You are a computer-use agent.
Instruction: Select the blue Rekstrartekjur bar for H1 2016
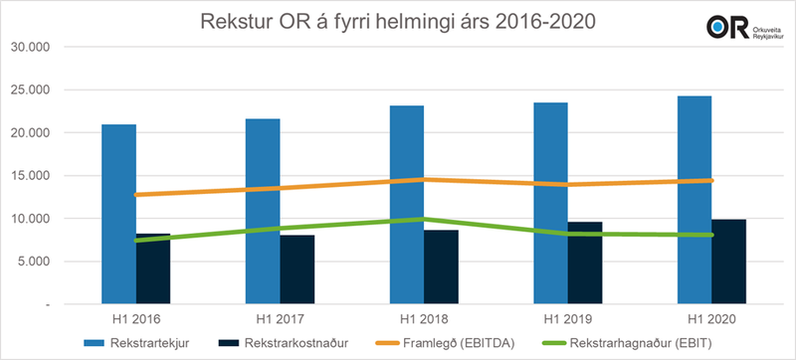(x=118, y=214)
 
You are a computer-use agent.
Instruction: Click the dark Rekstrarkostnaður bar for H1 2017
(x=298, y=270)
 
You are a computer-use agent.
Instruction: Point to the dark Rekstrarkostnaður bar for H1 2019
(x=585, y=263)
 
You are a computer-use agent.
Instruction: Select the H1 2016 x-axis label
(x=136, y=320)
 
